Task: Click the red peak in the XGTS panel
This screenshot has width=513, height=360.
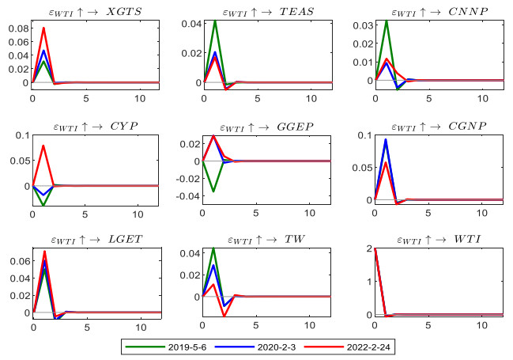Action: tap(43, 28)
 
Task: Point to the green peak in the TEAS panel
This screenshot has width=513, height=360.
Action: tap(215, 21)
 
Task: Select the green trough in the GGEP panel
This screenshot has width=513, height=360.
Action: tap(214, 191)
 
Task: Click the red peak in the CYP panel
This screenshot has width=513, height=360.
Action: tap(43, 146)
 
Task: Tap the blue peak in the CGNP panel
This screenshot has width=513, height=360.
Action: tap(387, 140)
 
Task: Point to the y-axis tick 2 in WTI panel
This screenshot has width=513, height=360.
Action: tap(368, 249)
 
